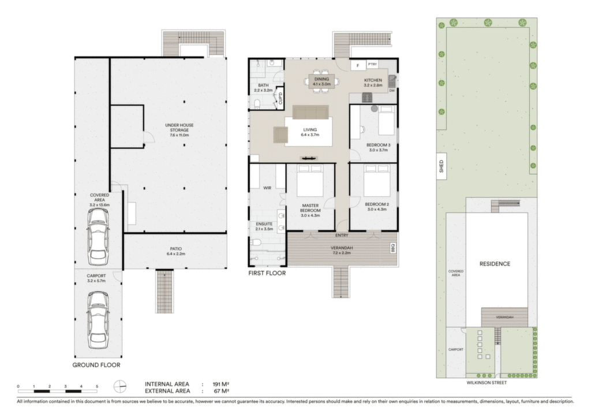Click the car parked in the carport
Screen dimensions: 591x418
[98, 320]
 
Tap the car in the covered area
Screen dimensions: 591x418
[98, 237]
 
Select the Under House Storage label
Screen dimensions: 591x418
[179, 130]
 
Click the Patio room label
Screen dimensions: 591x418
[176, 251]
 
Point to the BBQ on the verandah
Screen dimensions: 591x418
[393, 248]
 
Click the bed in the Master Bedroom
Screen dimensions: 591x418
[310, 180]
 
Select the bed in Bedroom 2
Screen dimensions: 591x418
[377, 180]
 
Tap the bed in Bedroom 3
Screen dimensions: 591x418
[386, 121]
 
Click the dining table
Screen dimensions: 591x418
[321, 81]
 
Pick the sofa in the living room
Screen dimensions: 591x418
[311, 112]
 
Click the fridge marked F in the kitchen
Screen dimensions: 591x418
[358, 66]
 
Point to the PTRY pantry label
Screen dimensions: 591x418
[372, 65]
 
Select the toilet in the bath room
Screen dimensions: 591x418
[257, 103]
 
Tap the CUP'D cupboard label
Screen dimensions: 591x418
[280, 98]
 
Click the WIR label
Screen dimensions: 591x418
[267, 188]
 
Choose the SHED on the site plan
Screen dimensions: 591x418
[442, 166]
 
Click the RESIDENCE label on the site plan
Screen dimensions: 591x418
[495, 264]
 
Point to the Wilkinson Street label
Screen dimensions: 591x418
[487, 383]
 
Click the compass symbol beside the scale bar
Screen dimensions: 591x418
[120, 386]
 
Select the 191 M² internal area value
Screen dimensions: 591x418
[221, 384]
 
